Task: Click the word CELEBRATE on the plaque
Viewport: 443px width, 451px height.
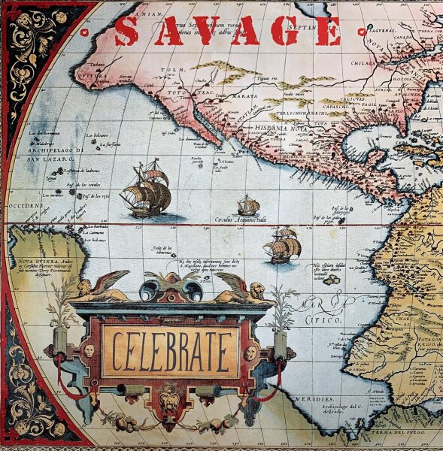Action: pos(171,352)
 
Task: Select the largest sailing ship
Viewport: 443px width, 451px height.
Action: pos(146,190)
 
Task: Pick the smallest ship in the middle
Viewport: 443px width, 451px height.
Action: pos(247,205)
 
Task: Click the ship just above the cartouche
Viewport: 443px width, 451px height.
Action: pos(282,246)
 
